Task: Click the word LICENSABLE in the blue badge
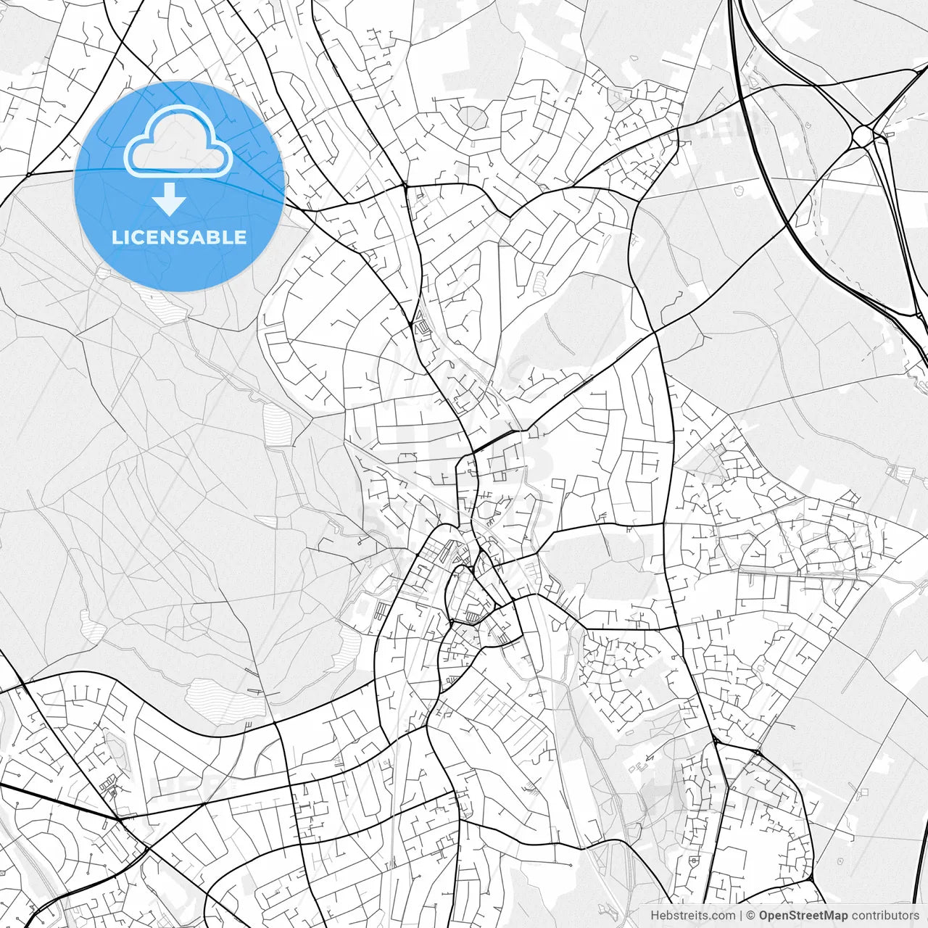(x=179, y=238)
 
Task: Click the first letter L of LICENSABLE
(x=116, y=238)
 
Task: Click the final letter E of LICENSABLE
(x=241, y=238)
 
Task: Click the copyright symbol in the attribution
(x=751, y=916)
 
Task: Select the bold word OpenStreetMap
(x=803, y=916)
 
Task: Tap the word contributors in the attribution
(x=885, y=916)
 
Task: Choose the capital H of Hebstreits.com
(x=655, y=916)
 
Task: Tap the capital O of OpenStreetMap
(x=764, y=916)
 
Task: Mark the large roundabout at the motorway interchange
(x=863, y=136)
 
